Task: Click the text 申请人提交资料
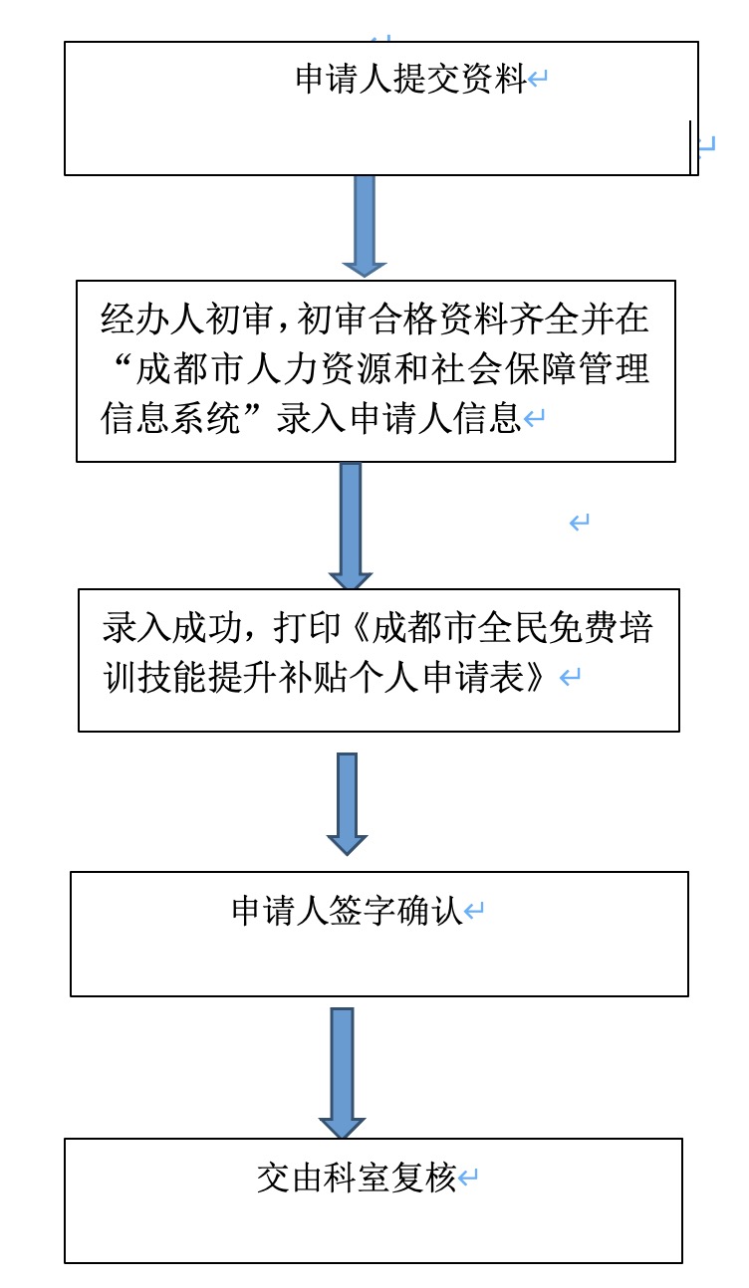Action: point(410,79)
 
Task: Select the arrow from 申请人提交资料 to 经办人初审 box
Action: point(365,226)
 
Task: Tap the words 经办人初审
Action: point(186,319)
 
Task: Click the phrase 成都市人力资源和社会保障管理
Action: point(392,368)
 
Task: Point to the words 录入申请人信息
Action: point(398,418)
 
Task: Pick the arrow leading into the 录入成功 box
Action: point(351,526)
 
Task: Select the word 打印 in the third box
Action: point(308,627)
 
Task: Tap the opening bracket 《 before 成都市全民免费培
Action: point(359,627)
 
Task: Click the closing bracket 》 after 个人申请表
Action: point(533,677)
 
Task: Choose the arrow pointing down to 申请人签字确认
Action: point(347,804)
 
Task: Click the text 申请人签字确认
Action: point(347,911)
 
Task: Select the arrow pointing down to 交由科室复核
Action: point(343,1073)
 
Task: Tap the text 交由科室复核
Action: point(357,1178)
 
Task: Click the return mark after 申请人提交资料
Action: point(537,79)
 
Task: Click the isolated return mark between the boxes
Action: point(580,523)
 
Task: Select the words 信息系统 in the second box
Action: point(170,418)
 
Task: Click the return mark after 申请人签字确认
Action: point(473,911)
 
